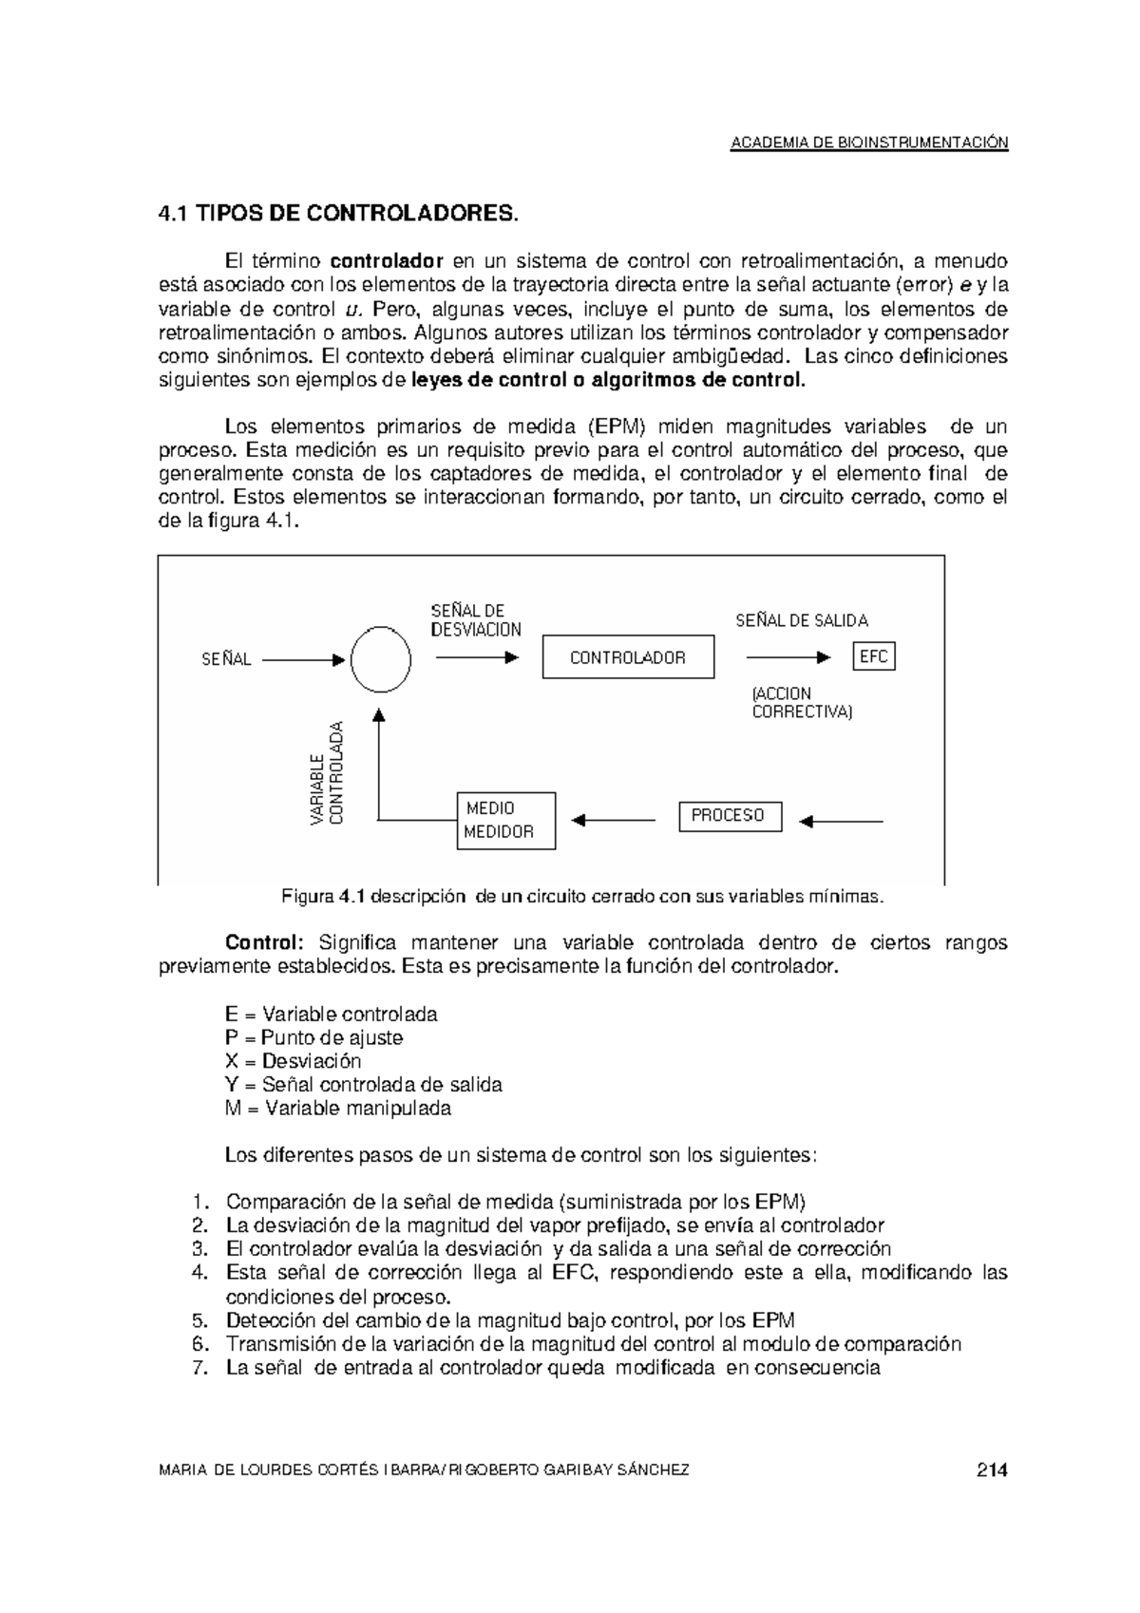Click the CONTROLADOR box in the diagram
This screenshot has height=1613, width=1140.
(x=627, y=657)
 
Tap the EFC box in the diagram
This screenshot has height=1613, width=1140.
(x=873, y=656)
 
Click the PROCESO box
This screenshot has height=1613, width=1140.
(x=729, y=816)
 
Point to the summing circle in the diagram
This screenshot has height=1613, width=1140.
(x=381, y=660)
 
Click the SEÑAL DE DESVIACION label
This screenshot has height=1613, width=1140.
(x=475, y=619)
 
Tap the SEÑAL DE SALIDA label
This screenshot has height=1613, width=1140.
(x=802, y=620)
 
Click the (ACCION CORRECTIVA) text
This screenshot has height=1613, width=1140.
(x=801, y=703)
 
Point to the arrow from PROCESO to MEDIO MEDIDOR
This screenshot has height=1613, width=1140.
(x=612, y=820)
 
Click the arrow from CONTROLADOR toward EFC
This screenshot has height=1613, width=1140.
(x=788, y=656)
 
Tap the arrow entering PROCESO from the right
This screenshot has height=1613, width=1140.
(x=841, y=821)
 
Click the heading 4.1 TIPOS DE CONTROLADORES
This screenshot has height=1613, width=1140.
(x=339, y=214)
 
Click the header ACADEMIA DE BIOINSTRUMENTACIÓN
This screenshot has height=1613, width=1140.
(x=868, y=143)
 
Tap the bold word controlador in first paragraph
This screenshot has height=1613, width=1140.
(x=387, y=261)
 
